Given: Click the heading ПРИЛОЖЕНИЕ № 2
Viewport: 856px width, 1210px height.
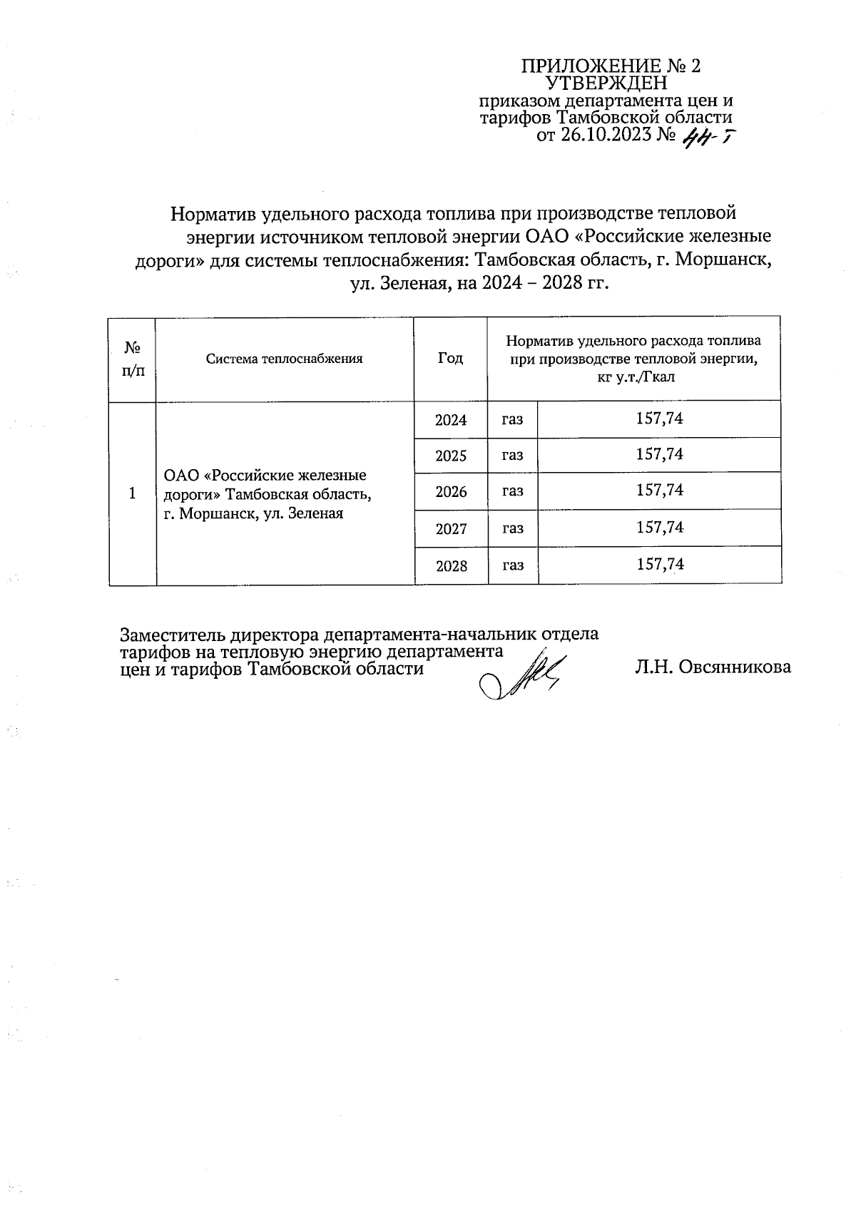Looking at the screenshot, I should coord(611,66).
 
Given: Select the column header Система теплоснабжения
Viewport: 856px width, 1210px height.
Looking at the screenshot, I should coord(284,359).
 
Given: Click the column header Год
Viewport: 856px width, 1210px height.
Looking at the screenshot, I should coord(450,359).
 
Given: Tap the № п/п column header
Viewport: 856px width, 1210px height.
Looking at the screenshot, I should coord(132,359).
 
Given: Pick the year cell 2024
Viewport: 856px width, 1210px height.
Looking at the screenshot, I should coord(451,420).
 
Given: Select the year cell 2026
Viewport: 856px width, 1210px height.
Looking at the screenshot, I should coord(451,492).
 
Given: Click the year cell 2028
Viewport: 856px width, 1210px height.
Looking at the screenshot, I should coord(451,566).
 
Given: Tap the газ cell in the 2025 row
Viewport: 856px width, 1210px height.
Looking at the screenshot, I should coord(512,455).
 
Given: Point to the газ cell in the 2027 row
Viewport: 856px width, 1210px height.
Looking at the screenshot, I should coord(512,528).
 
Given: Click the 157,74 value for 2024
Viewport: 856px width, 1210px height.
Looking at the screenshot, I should coord(659,419).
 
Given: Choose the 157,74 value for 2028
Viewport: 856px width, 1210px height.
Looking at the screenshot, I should coord(659,565).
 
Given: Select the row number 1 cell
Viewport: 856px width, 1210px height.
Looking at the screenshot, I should coord(132,493).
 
